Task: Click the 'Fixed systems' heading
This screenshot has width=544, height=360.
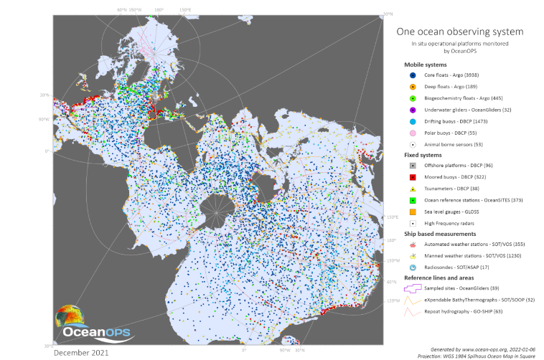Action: coord(423,154)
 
